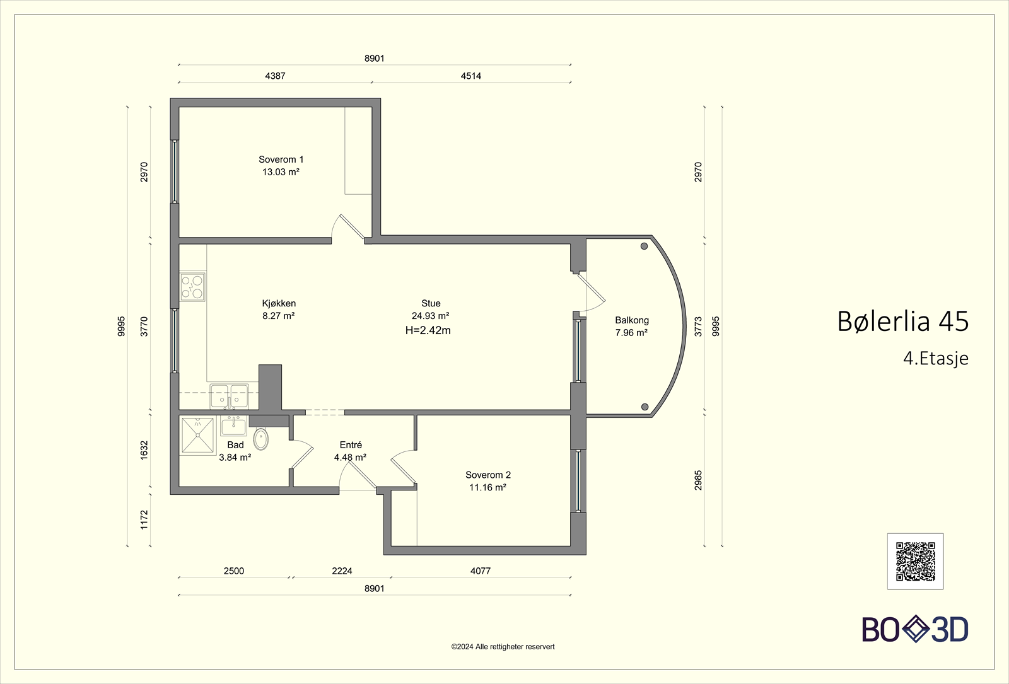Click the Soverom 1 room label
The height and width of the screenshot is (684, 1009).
[x=281, y=159]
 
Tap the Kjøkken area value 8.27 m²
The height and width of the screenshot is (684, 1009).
[x=278, y=316]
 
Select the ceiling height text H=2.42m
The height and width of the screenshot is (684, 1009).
[x=428, y=330]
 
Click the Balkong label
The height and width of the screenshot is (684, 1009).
[x=632, y=321]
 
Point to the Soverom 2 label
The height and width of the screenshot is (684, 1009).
[x=488, y=475]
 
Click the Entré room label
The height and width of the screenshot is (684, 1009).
[x=351, y=445]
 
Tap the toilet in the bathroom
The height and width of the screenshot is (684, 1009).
[x=261, y=439]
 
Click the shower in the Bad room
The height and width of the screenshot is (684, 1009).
[x=197, y=435]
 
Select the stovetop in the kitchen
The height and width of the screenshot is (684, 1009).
[x=192, y=287]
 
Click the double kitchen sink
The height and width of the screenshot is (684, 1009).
[x=230, y=396]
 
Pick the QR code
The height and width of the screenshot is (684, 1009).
[x=915, y=562]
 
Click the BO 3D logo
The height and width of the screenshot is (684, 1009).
[x=915, y=629]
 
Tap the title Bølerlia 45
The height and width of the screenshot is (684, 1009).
[x=902, y=322]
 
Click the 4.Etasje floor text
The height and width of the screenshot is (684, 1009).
[x=936, y=359]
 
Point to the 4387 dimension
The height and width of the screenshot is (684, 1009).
[x=275, y=76]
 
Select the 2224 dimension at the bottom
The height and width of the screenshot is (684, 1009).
[x=342, y=571]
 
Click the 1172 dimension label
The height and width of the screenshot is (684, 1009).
[x=144, y=519]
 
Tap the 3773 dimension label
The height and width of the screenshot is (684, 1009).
[x=698, y=327]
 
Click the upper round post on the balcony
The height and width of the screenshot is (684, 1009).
[x=644, y=246]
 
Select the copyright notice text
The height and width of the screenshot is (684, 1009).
[x=503, y=647]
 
